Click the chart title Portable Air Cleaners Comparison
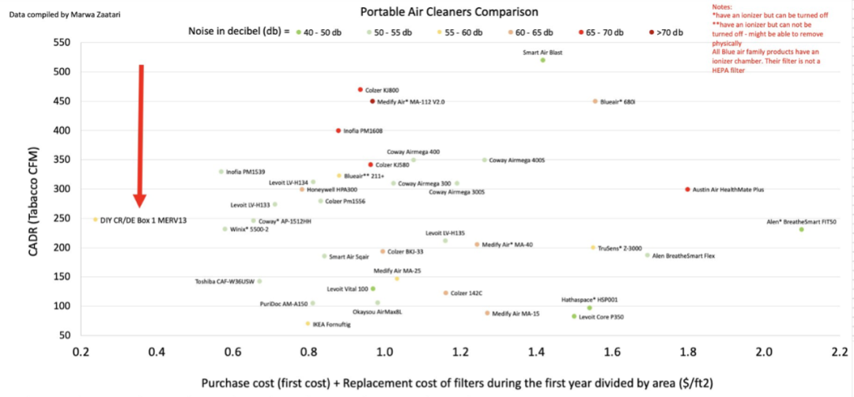449,12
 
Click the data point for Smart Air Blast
542,60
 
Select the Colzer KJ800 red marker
360,90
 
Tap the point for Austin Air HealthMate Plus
687,190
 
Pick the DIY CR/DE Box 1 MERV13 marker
96,219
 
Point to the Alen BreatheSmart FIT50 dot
801,229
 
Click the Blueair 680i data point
595,101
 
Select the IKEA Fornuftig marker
308,323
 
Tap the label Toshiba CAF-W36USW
225,282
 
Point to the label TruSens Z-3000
620,248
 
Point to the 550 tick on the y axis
62,43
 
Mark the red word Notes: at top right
724,6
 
